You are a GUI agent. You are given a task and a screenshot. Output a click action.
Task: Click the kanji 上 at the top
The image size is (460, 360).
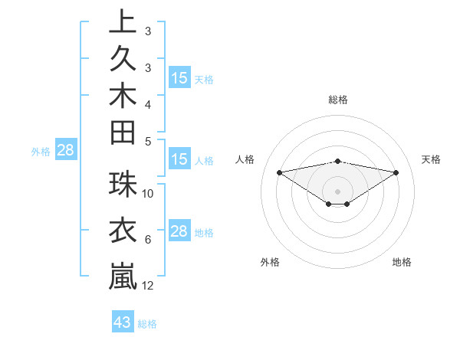[123, 21]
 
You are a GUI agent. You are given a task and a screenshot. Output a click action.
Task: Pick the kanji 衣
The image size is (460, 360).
[123, 230]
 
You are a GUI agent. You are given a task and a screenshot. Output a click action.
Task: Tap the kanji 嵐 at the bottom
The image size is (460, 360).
[123, 275]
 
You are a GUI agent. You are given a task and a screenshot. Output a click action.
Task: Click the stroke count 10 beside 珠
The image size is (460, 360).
[148, 193]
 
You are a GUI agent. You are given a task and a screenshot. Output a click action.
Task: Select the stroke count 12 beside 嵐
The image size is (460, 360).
[148, 286]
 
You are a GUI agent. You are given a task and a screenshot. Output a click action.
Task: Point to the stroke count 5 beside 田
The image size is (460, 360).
[148, 142]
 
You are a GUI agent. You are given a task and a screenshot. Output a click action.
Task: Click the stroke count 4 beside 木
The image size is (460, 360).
[148, 103]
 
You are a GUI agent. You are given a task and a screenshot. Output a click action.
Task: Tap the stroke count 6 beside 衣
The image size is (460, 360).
[148, 240]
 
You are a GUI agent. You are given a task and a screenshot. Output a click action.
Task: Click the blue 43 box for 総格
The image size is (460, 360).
[123, 322]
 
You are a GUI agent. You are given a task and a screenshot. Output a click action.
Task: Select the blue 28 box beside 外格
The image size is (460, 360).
[65, 150]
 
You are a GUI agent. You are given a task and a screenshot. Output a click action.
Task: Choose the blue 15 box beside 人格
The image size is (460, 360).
[179, 159]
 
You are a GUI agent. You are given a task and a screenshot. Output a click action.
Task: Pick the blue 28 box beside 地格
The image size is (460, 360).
[179, 231]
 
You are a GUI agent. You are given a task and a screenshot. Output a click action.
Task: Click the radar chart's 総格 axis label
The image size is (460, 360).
[338, 100]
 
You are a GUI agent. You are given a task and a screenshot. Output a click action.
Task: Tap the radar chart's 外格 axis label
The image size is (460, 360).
[270, 262]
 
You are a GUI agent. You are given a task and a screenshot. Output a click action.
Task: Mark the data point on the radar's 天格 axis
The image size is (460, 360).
[396, 172]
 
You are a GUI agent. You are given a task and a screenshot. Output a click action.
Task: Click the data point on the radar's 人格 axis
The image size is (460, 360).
[280, 172]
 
